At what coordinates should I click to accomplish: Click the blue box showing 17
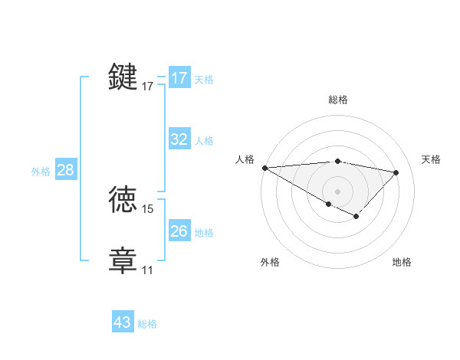[x=179, y=78]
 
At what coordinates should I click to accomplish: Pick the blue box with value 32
[x=179, y=139]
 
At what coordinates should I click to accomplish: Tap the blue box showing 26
[x=179, y=231]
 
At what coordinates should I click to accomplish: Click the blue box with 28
[x=65, y=170]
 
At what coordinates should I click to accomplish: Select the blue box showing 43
[x=123, y=322]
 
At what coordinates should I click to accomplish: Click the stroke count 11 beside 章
[x=147, y=270]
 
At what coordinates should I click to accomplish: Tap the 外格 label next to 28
[x=41, y=172]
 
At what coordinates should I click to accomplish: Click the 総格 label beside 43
[x=147, y=324]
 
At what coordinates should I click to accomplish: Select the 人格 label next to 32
[x=204, y=141]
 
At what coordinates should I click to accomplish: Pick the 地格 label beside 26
[x=204, y=233]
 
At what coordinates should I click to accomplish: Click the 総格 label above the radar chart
[x=337, y=100]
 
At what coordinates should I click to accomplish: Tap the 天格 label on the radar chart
[x=432, y=159]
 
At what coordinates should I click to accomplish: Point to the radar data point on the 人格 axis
[x=264, y=167]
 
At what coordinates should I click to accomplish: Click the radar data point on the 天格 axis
[x=396, y=172]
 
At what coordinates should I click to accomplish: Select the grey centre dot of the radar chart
[x=337, y=191]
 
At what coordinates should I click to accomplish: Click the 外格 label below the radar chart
[x=270, y=262]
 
